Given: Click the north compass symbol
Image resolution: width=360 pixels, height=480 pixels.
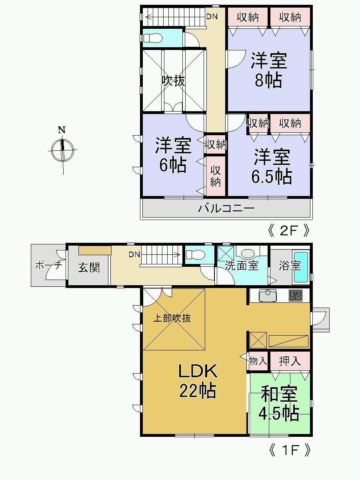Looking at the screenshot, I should point(62,150).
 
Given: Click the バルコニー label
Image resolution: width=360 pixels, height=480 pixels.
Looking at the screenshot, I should point(226,208).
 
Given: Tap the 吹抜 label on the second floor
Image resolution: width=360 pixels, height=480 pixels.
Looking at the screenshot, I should point(173,81).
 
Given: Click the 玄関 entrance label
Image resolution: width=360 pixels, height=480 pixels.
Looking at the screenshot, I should point(88,267).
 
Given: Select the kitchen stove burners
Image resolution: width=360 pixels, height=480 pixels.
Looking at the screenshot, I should point(296,296).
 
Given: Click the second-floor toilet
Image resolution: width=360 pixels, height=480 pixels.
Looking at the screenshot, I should point(153,38).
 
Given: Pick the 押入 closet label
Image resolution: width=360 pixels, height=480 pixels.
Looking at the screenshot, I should point(290,361).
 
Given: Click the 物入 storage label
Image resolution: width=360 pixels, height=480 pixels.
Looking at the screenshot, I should point(258,361).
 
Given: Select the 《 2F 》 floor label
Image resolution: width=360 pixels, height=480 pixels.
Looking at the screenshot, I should point(289,231).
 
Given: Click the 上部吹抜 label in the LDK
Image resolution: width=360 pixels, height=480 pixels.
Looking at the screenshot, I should point(172,318).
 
